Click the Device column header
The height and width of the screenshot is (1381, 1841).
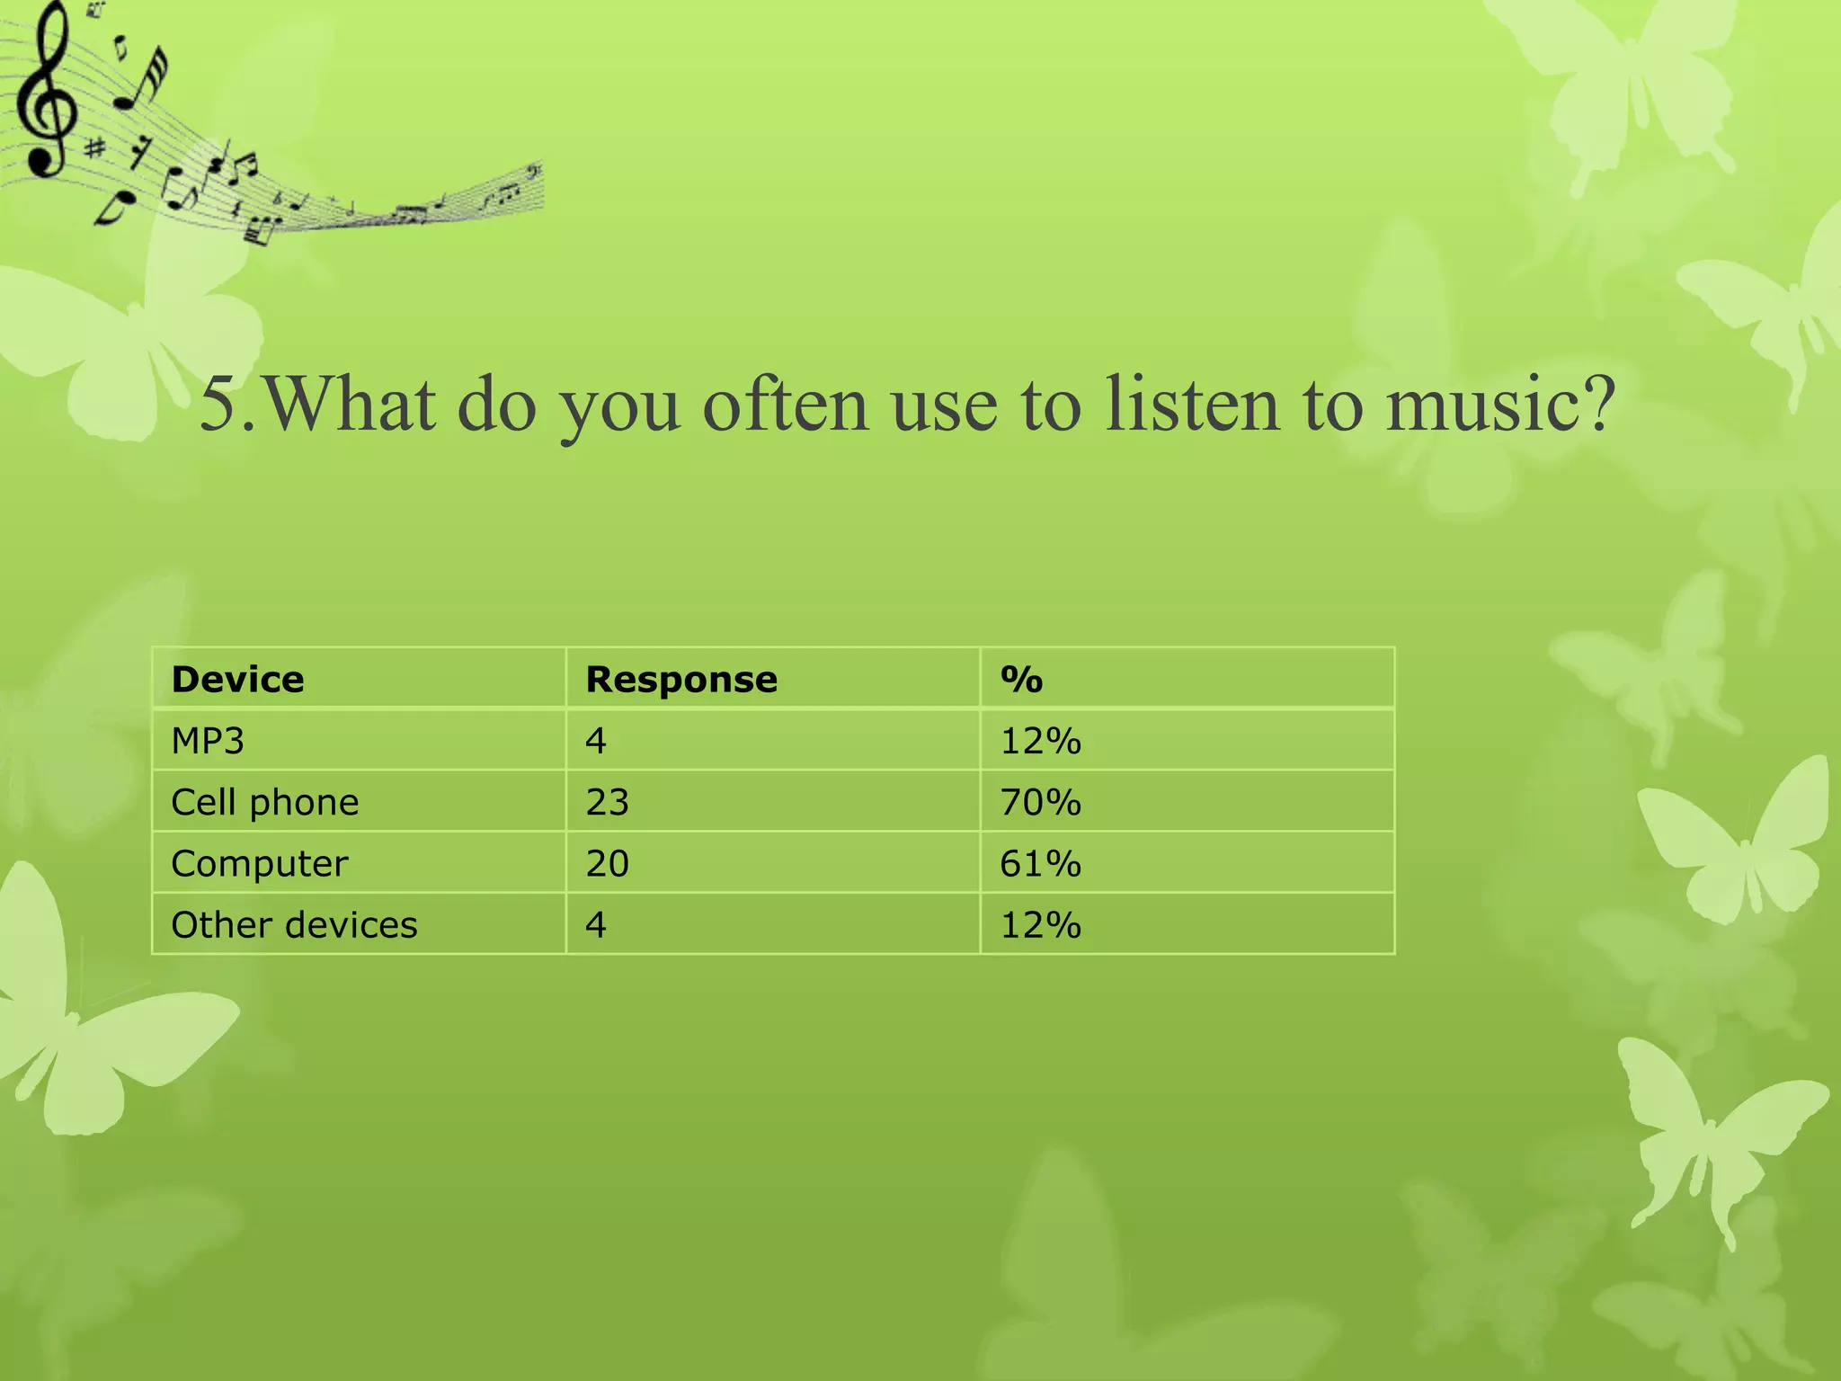(x=237, y=680)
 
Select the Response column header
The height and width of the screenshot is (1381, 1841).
(x=681, y=680)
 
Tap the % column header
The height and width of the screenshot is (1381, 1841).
(x=1021, y=680)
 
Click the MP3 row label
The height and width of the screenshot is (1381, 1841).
(x=208, y=741)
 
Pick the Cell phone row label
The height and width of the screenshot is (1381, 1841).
(x=265, y=802)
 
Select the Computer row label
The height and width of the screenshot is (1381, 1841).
(x=260, y=863)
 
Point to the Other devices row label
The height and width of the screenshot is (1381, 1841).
(x=294, y=925)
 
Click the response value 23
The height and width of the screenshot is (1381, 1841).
(x=607, y=802)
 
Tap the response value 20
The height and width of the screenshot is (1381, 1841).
(x=607, y=863)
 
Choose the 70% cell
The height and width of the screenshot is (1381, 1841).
(x=1040, y=802)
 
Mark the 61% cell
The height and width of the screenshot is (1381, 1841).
(x=1040, y=863)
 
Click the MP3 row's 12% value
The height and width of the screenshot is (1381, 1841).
(x=1040, y=741)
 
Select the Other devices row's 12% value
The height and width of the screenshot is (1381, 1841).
(x=1040, y=925)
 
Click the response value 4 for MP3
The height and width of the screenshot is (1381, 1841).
(x=596, y=741)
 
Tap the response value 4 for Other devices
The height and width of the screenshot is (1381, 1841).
(x=596, y=925)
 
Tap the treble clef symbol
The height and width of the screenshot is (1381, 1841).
(x=45, y=90)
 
